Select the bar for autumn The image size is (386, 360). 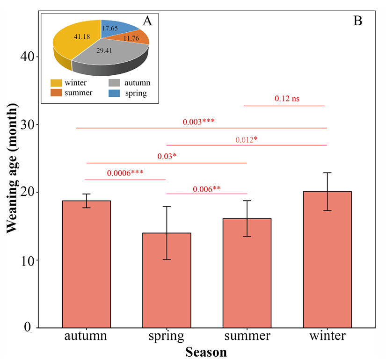click(x=86, y=264)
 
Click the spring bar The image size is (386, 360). click(x=167, y=280)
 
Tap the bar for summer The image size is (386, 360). click(x=247, y=273)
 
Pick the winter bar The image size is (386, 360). click(x=327, y=259)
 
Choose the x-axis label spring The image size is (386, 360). click(x=167, y=336)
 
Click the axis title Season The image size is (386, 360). click(x=206, y=352)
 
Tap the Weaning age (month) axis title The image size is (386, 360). click(x=12, y=169)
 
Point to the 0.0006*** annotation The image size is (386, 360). click(x=125, y=173)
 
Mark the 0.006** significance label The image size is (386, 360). click(x=206, y=189)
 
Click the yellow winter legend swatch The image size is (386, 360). click(x=56, y=83)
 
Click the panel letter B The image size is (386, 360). click(x=358, y=21)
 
